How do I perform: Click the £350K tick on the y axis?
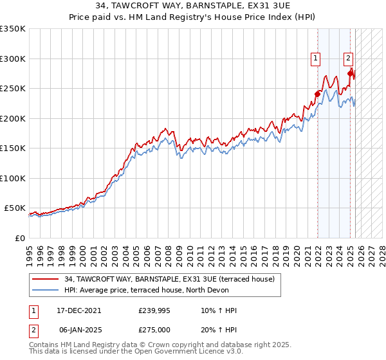click(13, 29)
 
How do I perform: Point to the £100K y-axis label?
click(13, 178)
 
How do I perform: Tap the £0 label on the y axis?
click(19, 238)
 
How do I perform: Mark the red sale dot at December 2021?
click(317, 94)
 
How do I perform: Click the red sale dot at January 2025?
click(350, 73)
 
